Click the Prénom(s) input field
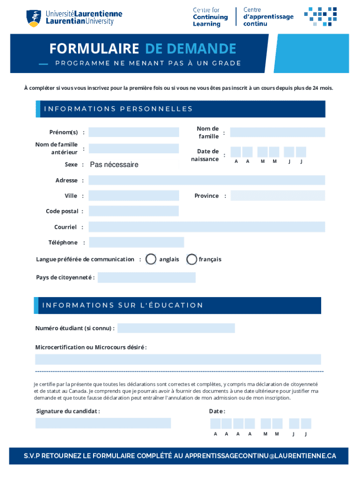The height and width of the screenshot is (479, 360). [134, 132]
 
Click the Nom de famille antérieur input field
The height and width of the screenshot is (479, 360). [134, 149]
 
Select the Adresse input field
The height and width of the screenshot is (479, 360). [207, 180]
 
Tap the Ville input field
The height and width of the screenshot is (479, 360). [134, 196]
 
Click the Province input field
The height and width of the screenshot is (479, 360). [278, 196]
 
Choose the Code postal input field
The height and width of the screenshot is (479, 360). [134, 211]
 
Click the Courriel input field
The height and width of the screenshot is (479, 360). [207, 227]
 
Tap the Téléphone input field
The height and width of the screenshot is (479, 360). [137, 242]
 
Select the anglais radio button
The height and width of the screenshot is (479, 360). [151, 259]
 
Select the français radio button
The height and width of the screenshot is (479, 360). [192, 259]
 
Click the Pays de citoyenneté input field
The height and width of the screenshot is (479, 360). [146, 277]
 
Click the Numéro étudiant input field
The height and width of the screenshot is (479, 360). [176, 328]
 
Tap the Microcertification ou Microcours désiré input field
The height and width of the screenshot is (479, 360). [178, 359]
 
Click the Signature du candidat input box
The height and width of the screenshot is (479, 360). [103, 423]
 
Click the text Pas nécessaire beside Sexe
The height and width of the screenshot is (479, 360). [114, 165]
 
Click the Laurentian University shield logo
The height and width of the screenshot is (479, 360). [33, 18]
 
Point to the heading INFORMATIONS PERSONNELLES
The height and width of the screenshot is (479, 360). [118, 109]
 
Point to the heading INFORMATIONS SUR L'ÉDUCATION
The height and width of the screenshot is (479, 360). [123, 305]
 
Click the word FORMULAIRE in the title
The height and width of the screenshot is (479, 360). [94, 49]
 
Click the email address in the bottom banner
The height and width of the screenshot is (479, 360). [260, 456]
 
